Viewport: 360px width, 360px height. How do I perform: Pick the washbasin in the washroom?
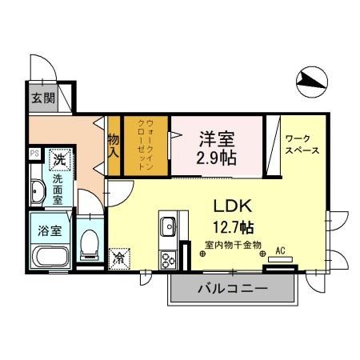click(x=38, y=192)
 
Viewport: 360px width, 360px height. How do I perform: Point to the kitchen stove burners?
click(x=169, y=258)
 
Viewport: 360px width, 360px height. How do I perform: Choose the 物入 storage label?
click(x=114, y=146)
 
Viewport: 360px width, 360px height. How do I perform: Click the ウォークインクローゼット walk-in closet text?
click(x=145, y=146)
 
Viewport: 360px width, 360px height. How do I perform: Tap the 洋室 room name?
click(x=216, y=137)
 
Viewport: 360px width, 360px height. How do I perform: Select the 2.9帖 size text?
click(x=216, y=157)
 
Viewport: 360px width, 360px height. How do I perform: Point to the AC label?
click(x=280, y=249)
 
